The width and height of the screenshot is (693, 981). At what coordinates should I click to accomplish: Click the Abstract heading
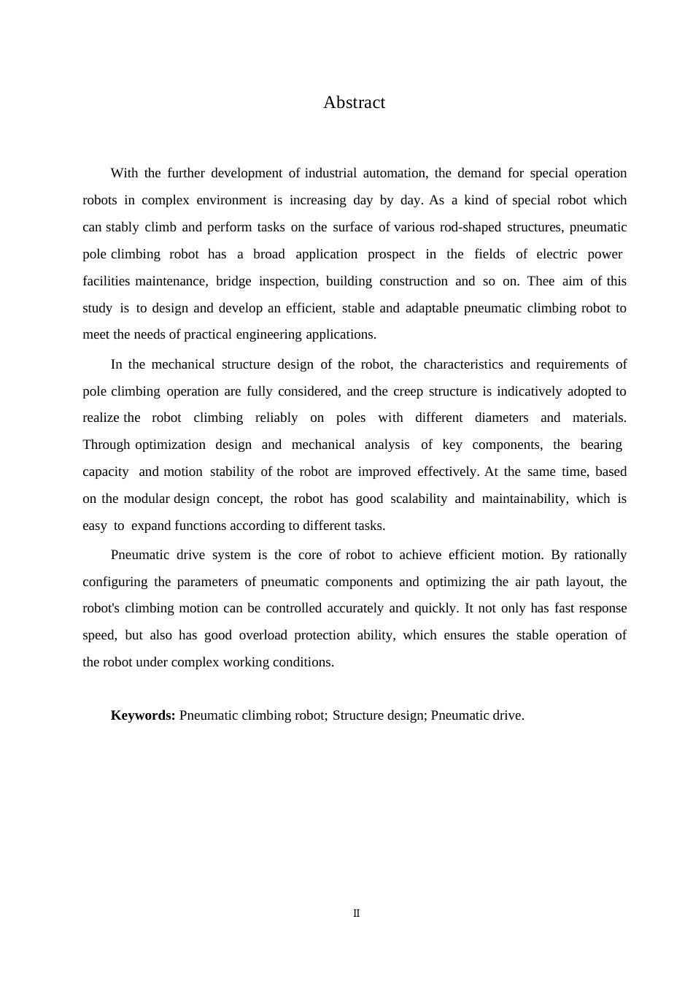tap(354, 103)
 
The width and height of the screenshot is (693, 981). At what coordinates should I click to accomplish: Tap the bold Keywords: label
tap(143, 715)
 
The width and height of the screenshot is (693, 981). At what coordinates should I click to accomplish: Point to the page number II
tap(356, 913)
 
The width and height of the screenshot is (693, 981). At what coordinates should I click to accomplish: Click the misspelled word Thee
tap(541, 281)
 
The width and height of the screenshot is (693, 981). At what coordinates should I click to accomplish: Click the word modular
tap(146, 499)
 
